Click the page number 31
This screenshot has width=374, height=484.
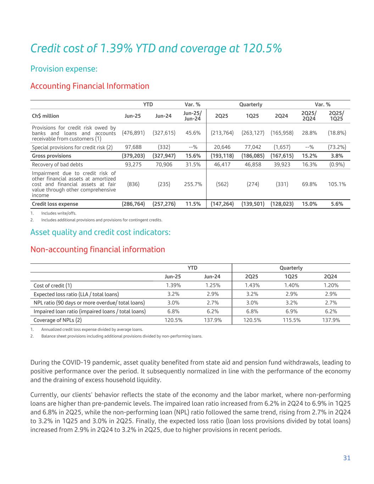[x=347, y=458]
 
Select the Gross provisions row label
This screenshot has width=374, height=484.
[x=51, y=156]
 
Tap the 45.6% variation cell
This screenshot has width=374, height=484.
[x=193, y=133]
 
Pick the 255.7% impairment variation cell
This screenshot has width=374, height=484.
[x=193, y=184]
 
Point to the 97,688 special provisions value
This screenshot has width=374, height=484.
[x=133, y=147]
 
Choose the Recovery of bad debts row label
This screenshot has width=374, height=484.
[x=57, y=165]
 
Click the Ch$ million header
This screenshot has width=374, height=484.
[x=45, y=116]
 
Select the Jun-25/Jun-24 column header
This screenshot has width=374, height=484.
[x=192, y=116]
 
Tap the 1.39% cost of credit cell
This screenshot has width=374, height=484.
[x=173, y=285]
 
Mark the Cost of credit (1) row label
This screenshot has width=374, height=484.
[x=53, y=285]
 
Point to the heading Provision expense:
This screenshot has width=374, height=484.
[x=64, y=69]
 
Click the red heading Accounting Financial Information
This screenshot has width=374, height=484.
[x=90, y=86]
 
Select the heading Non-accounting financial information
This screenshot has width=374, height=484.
[x=97, y=250]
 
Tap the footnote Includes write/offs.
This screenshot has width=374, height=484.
[x=58, y=213]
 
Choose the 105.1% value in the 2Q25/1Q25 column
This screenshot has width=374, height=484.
[x=336, y=184]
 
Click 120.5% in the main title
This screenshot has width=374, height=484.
[x=261, y=49]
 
